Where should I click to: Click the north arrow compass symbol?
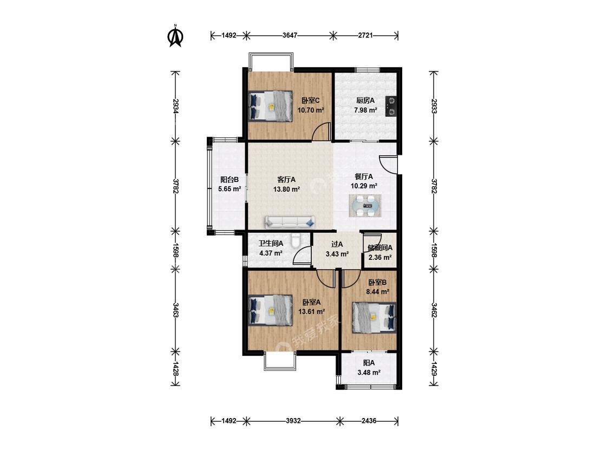point(175,36)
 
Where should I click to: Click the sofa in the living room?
point(290,222)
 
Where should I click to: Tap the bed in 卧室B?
point(374,318)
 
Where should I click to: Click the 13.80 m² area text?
point(286,190)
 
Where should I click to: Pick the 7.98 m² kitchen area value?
point(365,110)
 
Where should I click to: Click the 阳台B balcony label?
point(229,180)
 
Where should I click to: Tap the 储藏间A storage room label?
point(380,247)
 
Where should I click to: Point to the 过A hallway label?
point(337,244)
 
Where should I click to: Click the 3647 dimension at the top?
point(290,35)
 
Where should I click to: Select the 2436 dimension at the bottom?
point(369,421)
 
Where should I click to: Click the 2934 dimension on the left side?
point(175,106)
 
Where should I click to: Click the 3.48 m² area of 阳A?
point(369,373)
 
